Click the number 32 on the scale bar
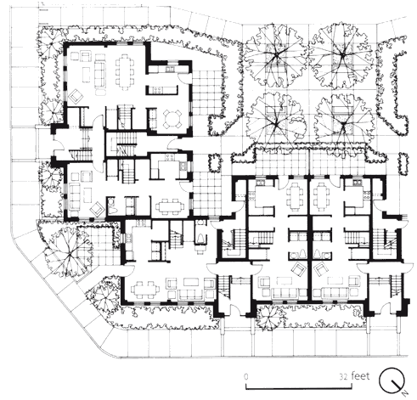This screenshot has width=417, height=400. coord(343,377)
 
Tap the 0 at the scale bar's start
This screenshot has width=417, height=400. coord(246,377)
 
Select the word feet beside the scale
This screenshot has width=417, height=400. coord(360,376)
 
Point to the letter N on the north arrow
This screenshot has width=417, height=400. coord(405,392)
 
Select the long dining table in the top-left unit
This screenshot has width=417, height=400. coord(125,70)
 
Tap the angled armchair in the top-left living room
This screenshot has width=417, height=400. coord(76,96)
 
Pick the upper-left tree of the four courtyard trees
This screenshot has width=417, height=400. coord(275,55)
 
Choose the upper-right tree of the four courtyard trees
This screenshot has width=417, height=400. coord(343,54)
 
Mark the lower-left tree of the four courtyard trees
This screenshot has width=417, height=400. coord(276,122)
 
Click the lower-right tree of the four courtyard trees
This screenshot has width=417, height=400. coord(343,125)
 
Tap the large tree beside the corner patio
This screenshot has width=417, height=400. coord(70,253)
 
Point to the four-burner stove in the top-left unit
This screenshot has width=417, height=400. coord(157,90)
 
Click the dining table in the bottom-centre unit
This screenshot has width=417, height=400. coord(145,290)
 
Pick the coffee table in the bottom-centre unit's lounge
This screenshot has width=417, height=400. coord(192,282)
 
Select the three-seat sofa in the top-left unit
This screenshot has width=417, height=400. coord(99,73)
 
